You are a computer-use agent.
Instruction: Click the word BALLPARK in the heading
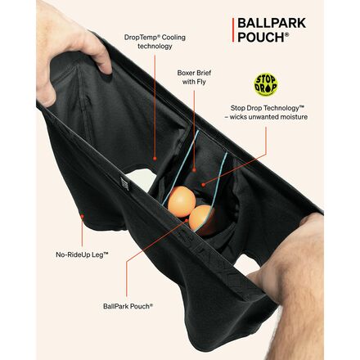[272, 23]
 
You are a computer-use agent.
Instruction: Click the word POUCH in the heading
[261, 38]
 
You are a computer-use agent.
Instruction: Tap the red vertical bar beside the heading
[233, 30]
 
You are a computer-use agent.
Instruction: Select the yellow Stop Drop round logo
[266, 85]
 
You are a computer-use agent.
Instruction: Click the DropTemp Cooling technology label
[155, 42]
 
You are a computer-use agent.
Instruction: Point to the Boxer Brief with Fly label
[194, 77]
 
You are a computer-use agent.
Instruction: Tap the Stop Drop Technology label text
[268, 112]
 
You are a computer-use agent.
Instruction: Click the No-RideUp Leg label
[82, 254]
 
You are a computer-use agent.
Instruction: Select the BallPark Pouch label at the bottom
[128, 306]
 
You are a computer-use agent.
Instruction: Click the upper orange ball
[182, 201]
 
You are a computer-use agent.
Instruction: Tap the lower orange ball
[200, 219]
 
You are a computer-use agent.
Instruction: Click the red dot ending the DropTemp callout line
[155, 158]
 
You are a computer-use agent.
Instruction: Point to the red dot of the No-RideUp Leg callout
[82, 216]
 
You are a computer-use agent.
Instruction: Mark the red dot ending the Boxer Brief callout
[194, 169]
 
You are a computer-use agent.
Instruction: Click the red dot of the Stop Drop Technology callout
[203, 185]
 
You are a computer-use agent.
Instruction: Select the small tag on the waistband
[124, 184]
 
